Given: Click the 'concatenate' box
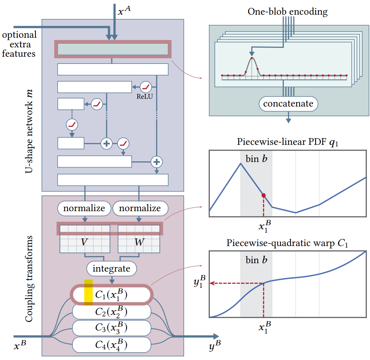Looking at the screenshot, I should coord(288,104).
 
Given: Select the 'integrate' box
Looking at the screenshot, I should coord(111,268).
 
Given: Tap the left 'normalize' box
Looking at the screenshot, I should coord(84,208).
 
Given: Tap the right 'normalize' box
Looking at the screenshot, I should coord(140,208).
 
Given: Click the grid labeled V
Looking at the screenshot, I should coord(85,239).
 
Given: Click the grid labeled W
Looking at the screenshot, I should coord(139,239).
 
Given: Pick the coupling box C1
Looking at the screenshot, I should coord(111,294).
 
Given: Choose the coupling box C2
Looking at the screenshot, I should coord(111,311).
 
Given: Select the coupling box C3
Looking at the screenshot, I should coord(111,328).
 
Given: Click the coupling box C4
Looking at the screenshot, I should coord(111,345).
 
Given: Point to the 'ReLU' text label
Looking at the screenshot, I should coord(145,97).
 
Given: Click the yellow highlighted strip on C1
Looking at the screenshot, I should coord(88,292).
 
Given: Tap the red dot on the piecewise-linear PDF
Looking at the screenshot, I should coord(263,195).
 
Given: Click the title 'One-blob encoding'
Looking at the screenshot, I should coord(287,12).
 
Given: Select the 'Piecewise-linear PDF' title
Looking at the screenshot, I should coord(287,142).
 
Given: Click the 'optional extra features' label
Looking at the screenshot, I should coord(19,44).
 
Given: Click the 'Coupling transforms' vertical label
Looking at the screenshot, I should coord(29,279).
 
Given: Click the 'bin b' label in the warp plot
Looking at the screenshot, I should coord(256,260).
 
